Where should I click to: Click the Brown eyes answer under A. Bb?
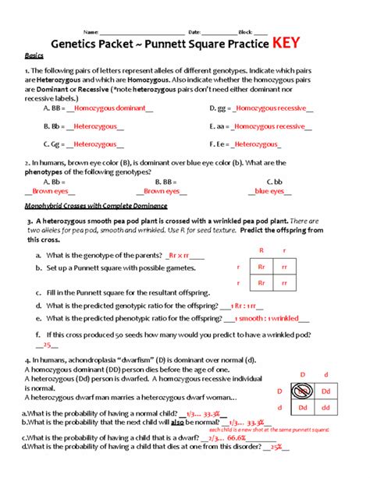(x=49, y=190)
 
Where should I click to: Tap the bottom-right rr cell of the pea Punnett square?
(x=286, y=284)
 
